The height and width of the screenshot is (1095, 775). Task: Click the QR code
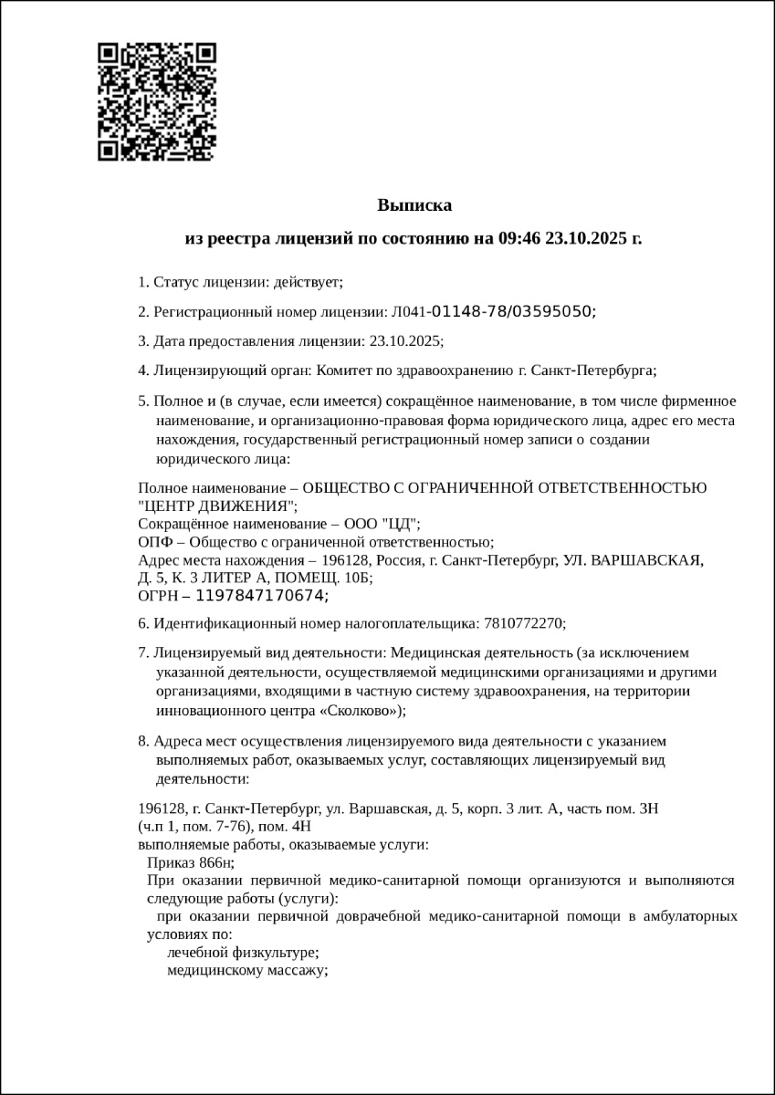(x=156, y=101)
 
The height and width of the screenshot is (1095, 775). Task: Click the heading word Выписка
(x=414, y=205)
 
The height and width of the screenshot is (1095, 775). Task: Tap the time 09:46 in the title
(x=519, y=239)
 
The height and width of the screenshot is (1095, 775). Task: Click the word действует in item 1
(x=309, y=282)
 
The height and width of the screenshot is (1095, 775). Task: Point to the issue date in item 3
(x=404, y=340)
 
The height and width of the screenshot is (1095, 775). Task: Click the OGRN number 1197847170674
(x=261, y=596)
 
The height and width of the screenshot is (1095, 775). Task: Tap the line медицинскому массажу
(x=246, y=970)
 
